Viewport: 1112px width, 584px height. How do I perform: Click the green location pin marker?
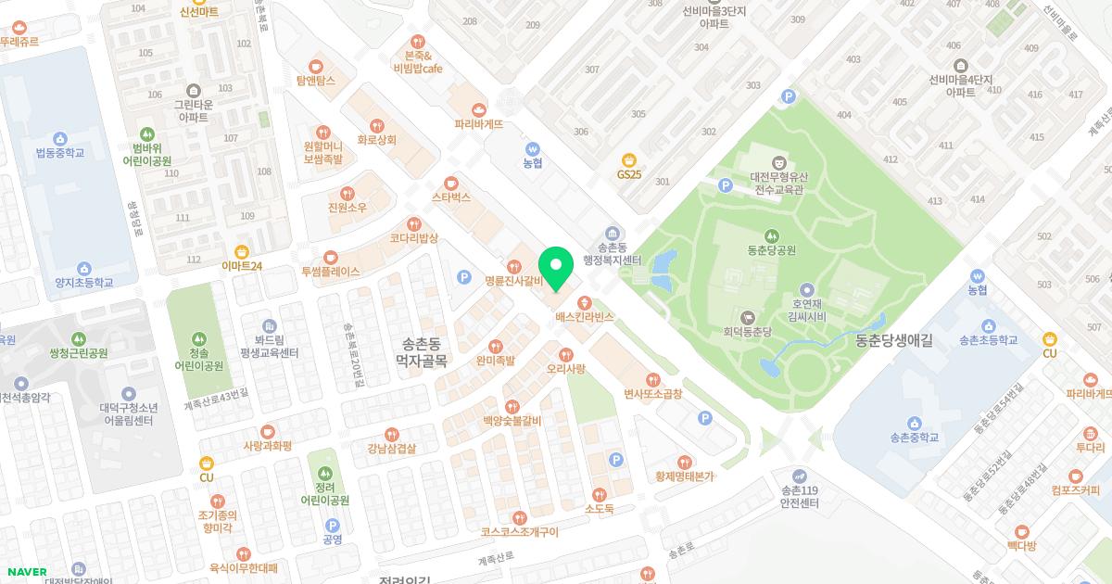pyautogui.click(x=555, y=267)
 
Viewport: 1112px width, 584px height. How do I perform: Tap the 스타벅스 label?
pyautogui.click(x=451, y=197)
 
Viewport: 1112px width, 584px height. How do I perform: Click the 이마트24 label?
pyautogui.click(x=242, y=265)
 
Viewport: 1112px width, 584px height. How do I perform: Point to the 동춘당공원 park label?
pyautogui.click(x=771, y=249)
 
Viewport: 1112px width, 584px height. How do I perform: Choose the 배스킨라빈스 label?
pyautogui.click(x=585, y=317)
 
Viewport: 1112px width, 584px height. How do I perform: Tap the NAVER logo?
pyautogui.click(x=26, y=572)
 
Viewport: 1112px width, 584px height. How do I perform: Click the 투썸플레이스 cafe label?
pyautogui.click(x=330, y=272)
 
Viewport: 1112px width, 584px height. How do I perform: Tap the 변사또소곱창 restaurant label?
pyautogui.click(x=653, y=393)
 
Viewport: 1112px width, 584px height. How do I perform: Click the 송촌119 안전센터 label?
pyautogui.click(x=800, y=497)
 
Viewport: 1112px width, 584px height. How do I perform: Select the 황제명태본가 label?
pyautogui.click(x=685, y=476)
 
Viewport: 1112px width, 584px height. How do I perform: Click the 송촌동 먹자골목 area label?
pyautogui.click(x=422, y=350)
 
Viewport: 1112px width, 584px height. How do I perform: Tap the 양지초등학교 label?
pyautogui.click(x=83, y=282)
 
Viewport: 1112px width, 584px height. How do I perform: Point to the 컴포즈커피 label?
pyautogui.click(x=1075, y=490)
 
